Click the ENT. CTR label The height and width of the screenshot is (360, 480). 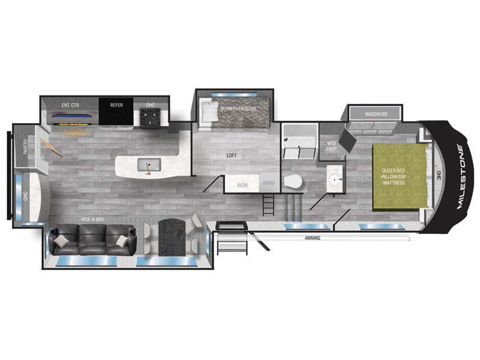(x=70, y=105)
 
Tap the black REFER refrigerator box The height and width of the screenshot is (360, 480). (x=116, y=111)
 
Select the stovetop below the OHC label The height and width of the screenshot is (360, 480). (x=149, y=118)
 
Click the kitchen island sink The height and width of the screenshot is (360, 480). (x=149, y=164)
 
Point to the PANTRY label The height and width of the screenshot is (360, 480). (x=25, y=146)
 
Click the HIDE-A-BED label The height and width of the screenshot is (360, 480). (x=92, y=219)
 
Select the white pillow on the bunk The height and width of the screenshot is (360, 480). (x=209, y=112)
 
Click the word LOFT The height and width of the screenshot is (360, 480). (x=232, y=155)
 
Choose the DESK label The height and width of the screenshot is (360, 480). (x=242, y=185)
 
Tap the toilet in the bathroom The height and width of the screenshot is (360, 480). (x=293, y=182)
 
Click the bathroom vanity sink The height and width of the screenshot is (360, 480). (x=335, y=179)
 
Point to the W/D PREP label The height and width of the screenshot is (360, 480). (x=331, y=146)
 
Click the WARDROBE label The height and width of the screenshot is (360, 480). (x=376, y=114)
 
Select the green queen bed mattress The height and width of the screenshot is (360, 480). (x=399, y=177)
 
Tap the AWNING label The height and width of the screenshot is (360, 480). (x=313, y=238)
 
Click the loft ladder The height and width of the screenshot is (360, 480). (x=268, y=205)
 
